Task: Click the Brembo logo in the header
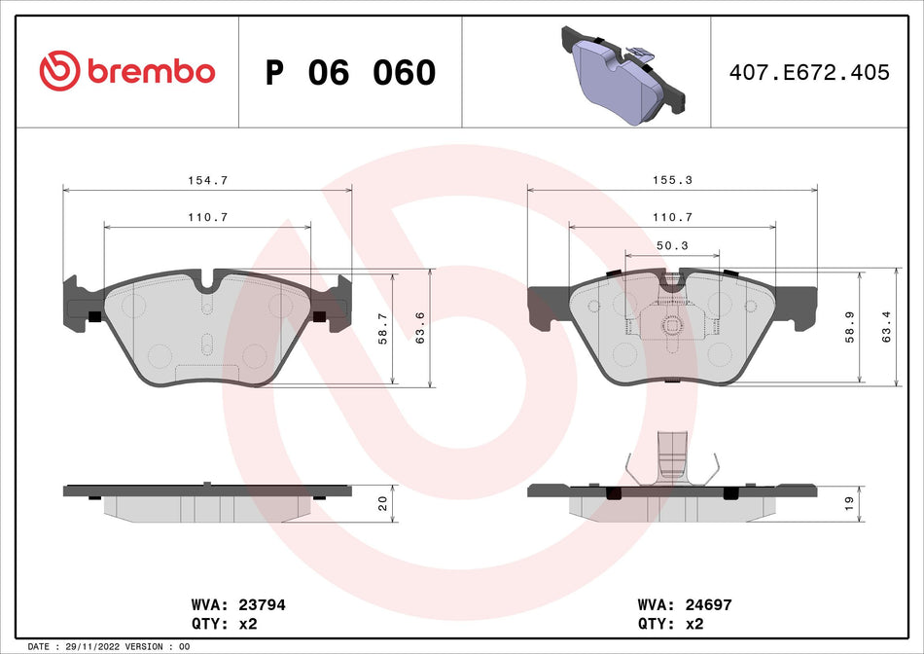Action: point(126,71)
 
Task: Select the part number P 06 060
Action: point(350,72)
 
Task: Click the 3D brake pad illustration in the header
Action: point(622,73)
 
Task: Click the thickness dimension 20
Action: point(382,503)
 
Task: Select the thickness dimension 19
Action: point(847,503)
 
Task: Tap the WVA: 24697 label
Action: point(684,604)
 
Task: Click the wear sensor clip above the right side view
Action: point(672,457)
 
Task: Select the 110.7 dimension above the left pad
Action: point(207,217)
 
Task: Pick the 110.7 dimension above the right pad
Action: point(672,217)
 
